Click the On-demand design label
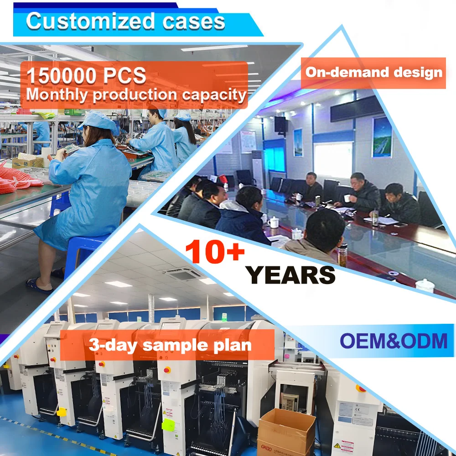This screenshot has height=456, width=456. (x=373, y=73)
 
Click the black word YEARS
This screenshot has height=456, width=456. (x=290, y=275)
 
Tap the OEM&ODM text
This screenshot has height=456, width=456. (x=394, y=341)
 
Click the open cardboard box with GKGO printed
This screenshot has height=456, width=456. (x=286, y=431)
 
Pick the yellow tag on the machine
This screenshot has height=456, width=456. (x=61, y=412)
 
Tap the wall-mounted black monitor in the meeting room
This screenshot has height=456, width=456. (x=280, y=124)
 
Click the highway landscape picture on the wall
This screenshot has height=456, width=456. (x=382, y=137)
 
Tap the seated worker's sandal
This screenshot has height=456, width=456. (x=39, y=285)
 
